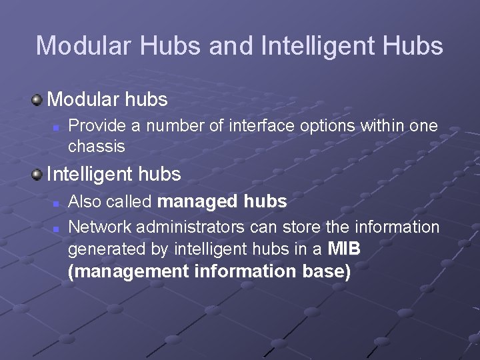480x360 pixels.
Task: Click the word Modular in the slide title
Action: pyautogui.click(x=77, y=46)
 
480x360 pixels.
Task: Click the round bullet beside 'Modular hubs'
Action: pyautogui.click(x=37, y=101)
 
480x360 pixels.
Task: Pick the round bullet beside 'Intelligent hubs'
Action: pyautogui.click(x=37, y=175)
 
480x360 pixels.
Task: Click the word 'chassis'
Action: pyautogui.click(x=97, y=145)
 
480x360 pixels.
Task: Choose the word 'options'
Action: pyautogui.click(x=302, y=126)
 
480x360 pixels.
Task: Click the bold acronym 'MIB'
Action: pyautogui.click(x=345, y=249)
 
